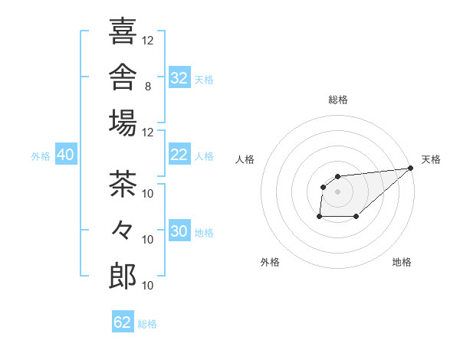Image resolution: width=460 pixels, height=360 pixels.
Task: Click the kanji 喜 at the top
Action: pos(123,31)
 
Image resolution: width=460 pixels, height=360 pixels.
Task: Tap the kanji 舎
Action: pos(123,77)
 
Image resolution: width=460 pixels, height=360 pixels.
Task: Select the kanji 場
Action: pos(123,123)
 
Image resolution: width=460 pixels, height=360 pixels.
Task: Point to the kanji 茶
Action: pos(123,184)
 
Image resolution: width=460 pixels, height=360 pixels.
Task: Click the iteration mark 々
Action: pos(122,230)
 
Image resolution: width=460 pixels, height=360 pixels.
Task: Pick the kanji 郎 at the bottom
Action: pos(123,276)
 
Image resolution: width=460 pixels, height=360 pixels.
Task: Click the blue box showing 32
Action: pos(179,77)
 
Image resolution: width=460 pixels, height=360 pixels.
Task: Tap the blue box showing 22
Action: pos(179,154)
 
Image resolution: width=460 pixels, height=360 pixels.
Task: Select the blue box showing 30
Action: pos(179,230)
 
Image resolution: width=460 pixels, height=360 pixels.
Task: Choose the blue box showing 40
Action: pos(66,154)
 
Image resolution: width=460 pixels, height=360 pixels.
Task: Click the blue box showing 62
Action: pos(123,321)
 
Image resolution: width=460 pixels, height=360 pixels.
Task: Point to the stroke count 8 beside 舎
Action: pos(148,87)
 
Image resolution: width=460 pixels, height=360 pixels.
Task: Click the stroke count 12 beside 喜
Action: pos(147,41)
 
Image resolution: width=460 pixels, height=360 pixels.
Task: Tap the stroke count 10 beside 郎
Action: pos(147,286)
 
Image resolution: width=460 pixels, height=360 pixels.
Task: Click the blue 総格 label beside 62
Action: pos(147,324)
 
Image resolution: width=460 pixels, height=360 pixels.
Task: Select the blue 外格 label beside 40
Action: pos(41,156)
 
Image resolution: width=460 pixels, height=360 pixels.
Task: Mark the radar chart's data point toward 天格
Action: pos(411,168)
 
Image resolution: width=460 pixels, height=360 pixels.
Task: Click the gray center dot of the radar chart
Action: pos(337,191)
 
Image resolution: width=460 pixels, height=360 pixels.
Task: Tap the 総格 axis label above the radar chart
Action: pos(338,100)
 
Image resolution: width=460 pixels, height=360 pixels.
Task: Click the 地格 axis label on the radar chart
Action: pos(402,262)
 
